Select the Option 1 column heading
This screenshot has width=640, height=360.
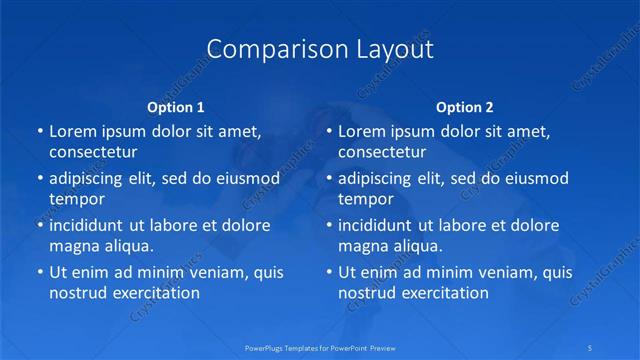[x=176, y=107]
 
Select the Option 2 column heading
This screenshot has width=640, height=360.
[x=464, y=107]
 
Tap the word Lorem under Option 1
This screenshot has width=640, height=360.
[x=71, y=131]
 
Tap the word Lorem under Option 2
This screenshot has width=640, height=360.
[x=360, y=131]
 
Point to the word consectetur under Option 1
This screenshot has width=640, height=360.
[x=93, y=152]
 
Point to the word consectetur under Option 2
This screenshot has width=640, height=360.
[x=382, y=152]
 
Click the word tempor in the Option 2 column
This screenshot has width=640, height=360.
[x=366, y=199]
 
